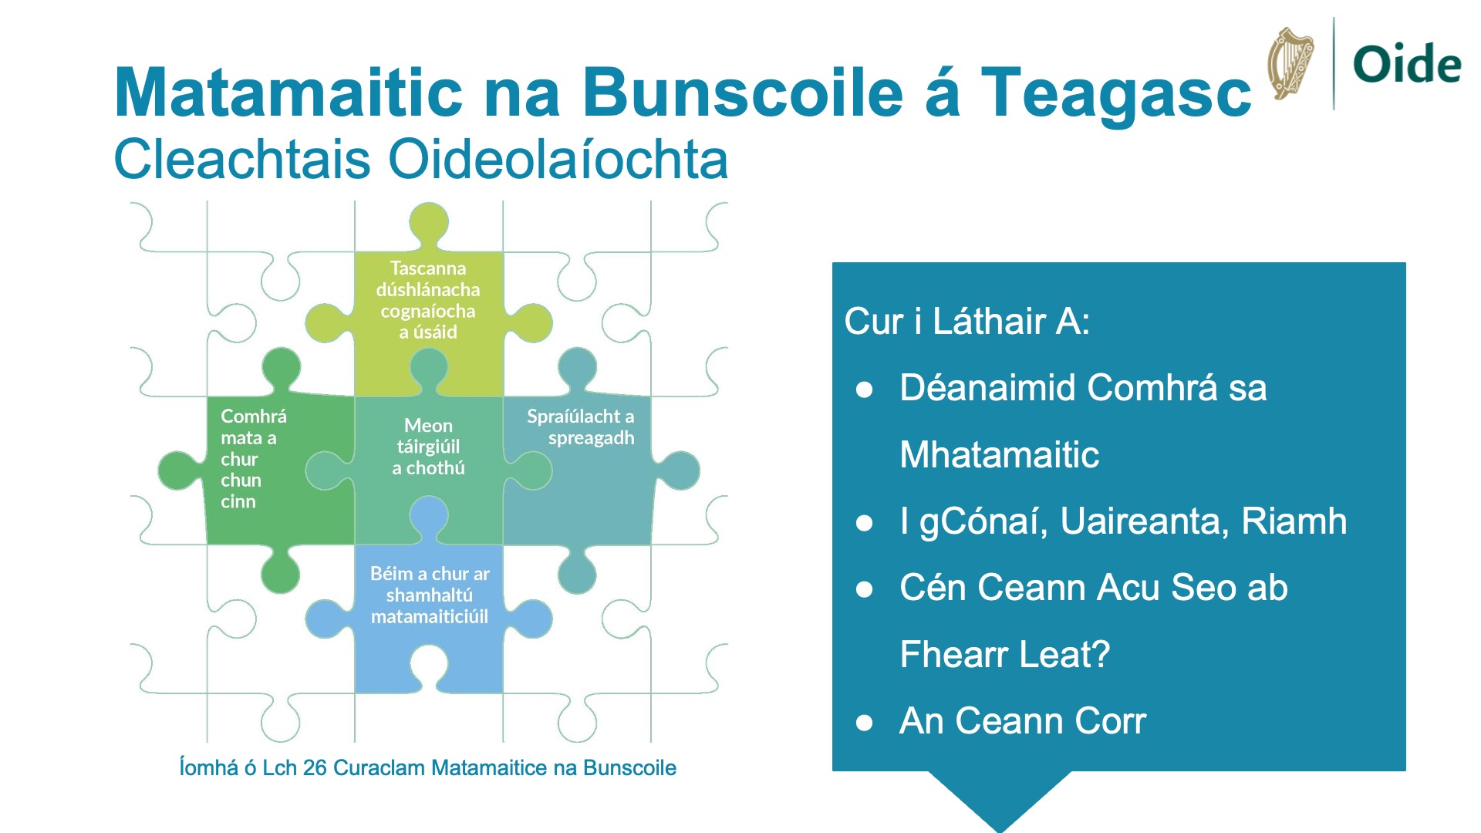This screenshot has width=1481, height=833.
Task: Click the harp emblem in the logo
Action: (1290, 63)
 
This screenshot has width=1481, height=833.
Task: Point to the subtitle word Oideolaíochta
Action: (558, 159)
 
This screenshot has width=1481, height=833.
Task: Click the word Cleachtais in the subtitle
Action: (242, 159)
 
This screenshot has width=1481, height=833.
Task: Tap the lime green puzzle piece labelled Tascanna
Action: (429, 309)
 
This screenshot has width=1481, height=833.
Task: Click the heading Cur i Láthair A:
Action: (967, 321)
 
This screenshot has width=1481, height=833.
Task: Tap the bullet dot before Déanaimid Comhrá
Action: (864, 390)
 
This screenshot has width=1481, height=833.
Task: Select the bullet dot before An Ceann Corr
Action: (864, 723)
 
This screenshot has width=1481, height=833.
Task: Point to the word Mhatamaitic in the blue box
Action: (1000, 454)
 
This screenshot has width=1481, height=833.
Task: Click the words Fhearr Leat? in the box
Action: (1005, 655)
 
